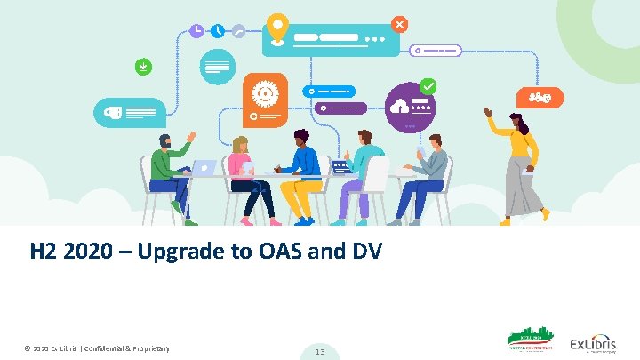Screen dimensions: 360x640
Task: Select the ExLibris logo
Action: coord(593,344)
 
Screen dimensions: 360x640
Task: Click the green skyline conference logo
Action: coord(530,342)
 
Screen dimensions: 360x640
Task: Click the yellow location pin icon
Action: coord(278,28)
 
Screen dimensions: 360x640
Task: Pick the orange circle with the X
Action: coord(400,24)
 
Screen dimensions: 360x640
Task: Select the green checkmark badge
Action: coord(428,86)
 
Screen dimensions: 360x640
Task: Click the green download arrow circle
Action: coord(141,66)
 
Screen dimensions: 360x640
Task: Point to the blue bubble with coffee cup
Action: coord(129,112)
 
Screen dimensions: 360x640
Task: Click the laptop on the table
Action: coord(204,167)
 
